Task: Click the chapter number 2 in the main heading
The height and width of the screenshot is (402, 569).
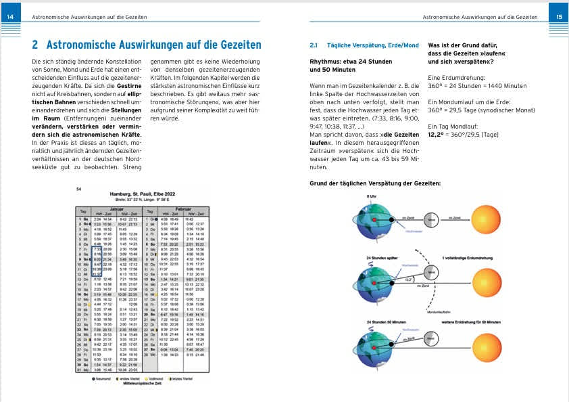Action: [x=35, y=45]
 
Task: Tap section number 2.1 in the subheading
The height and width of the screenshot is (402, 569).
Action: [x=314, y=45]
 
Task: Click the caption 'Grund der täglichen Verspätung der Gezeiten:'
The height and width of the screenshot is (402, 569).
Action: [x=375, y=183]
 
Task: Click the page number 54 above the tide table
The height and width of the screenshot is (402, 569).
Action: [x=79, y=189]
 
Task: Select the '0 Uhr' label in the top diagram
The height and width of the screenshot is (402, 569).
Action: [x=371, y=196]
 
